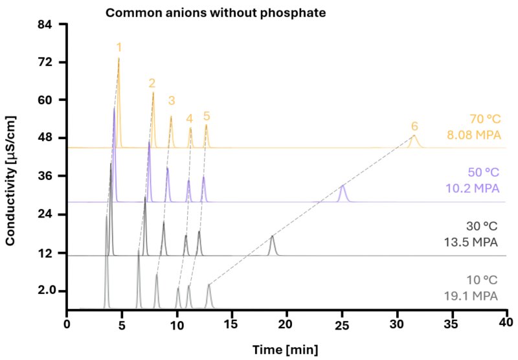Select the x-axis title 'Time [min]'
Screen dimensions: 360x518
point(285,350)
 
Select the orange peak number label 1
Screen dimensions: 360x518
point(118,47)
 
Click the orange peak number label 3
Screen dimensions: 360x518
point(171,100)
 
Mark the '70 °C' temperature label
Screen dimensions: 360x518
point(485,120)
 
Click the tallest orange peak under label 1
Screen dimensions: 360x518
point(118,65)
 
